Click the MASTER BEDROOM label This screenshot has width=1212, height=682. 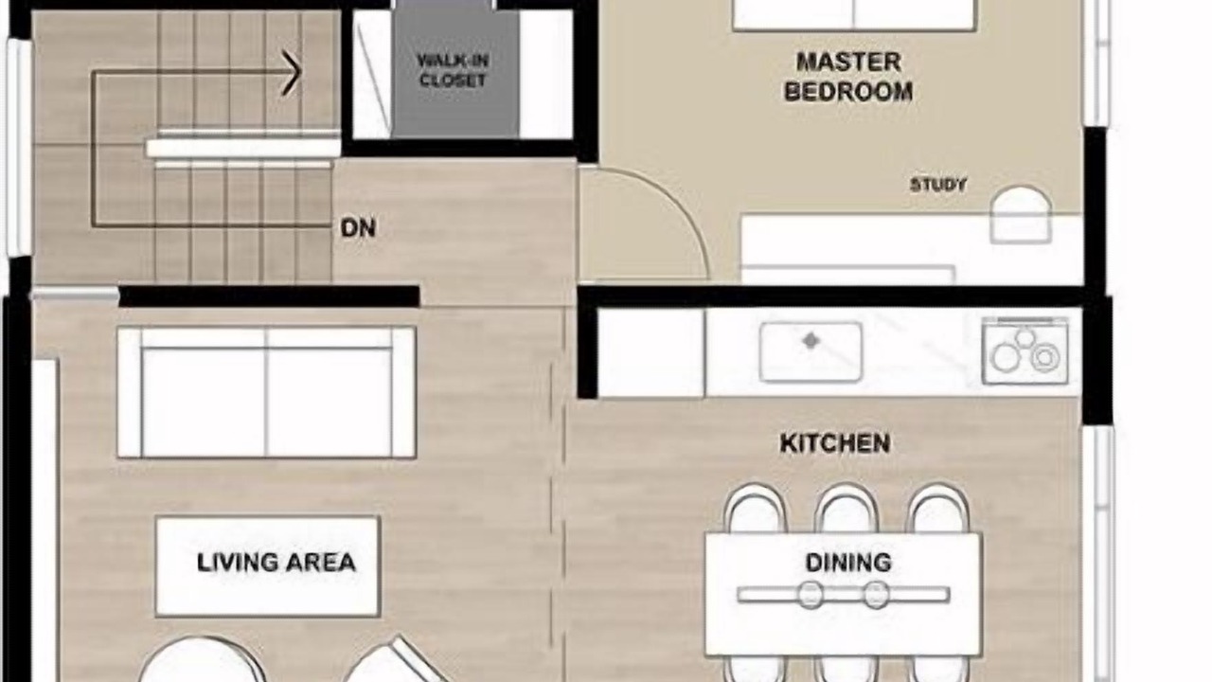tap(848, 77)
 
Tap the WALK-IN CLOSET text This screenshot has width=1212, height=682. tap(453, 70)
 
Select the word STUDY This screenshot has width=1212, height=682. tap(937, 185)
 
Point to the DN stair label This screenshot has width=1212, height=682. tap(358, 228)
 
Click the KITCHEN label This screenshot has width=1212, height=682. tap(835, 443)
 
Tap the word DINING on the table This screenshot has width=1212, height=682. tap(848, 563)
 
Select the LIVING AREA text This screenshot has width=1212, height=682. tap(276, 563)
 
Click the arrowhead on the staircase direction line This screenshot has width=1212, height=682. tap(291, 73)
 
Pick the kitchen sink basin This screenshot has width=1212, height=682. tap(811, 351)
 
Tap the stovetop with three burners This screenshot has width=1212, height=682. tap(1025, 351)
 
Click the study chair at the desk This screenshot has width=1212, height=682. tap(1021, 215)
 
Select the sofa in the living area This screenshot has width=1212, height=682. tap(267, 392)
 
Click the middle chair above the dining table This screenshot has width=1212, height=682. tap(847, 509)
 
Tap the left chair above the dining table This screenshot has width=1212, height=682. tap(756, 509)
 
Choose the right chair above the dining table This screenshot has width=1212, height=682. tap(938, 509)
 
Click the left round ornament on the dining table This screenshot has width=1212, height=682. tap(810, 595)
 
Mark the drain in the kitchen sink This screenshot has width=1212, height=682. tap(811, 341)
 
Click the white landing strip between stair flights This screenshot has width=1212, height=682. tap(243, 149)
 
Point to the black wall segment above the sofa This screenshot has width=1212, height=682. tap(270, 296)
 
